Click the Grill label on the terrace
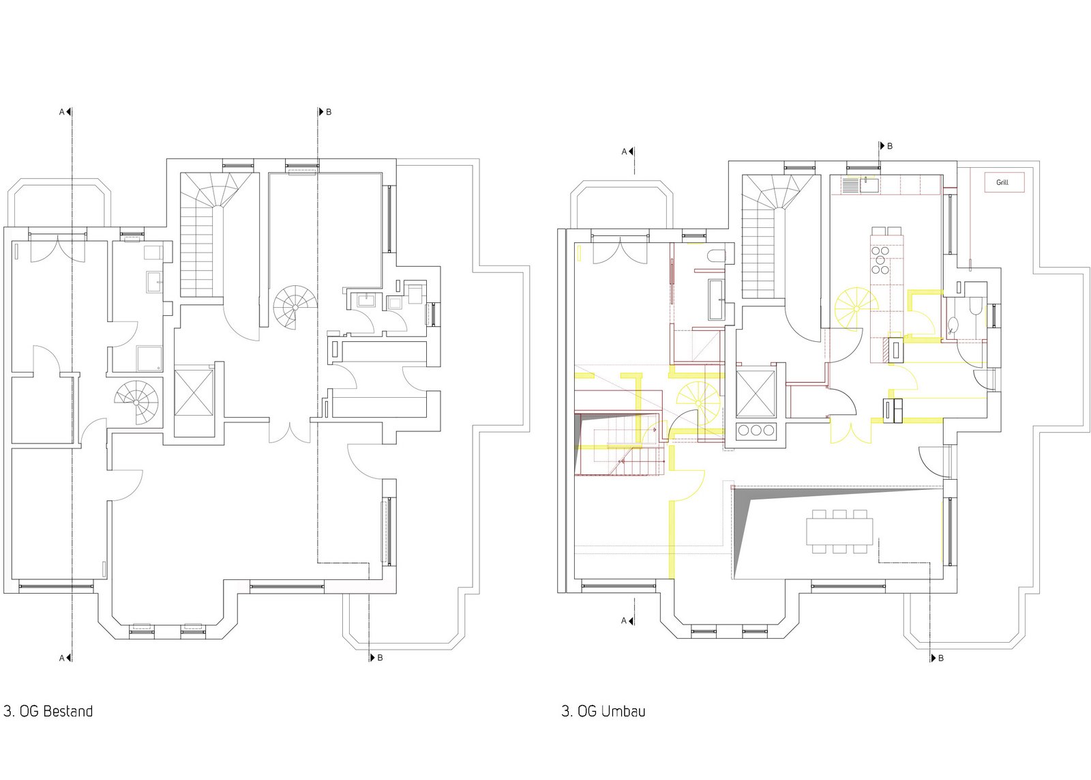pos(1002,182)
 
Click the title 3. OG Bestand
pos(48,711)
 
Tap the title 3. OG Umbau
pos(603,711)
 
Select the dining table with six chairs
pos(839,532)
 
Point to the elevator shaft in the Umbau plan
pos(756,394)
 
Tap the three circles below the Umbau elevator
pos(756,430)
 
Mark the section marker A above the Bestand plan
pos(65,112)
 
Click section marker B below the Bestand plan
pos(376,658)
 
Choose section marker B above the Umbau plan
pos(886,146)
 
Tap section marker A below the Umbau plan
pos(627,620)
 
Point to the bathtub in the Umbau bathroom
pos(716,300)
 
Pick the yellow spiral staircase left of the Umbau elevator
pos(698,404)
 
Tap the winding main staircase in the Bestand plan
pos(216,234)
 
